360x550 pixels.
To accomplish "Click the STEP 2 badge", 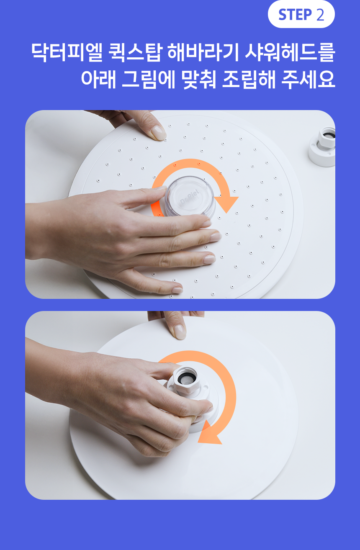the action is pyautogui.click(x=301, y=14).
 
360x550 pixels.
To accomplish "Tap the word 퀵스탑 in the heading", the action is pyautogui.click(x=135, y=52).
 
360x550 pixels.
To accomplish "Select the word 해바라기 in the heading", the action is pyautogui.click(x=203, y=52).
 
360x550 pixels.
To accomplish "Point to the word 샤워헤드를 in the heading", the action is pyautogui.click(x=290, y=52).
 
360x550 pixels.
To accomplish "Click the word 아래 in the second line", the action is pyautogui.click(x=98, y=79).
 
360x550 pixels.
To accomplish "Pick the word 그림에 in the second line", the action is pyautogui.click(x=149, y=79).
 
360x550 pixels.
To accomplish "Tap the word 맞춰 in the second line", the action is pyautogui.click(x=199, y=79).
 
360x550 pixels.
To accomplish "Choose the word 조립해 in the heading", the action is pyautogui.click(x=249, y=79).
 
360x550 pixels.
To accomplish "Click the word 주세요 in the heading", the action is pyautogui.click(x=308, y=79).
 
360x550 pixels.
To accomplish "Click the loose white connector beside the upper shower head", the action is pyautogui.click(x=322, y=146).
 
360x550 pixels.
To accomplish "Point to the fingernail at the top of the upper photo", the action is pyautogui.click(x=158, y=133).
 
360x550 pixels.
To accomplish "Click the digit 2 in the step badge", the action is pyautogui.click(x=320, y=15).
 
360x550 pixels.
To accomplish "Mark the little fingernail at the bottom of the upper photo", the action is pyautogui.click(x=177, y=290).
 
